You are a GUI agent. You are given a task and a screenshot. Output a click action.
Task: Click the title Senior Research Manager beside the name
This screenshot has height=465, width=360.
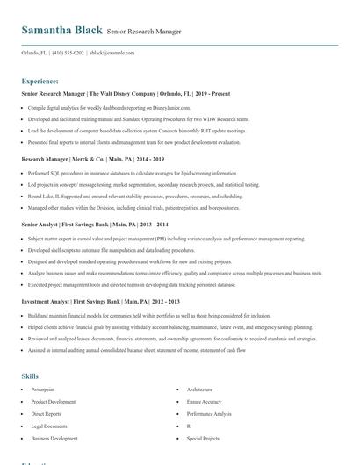[x=145, y=32]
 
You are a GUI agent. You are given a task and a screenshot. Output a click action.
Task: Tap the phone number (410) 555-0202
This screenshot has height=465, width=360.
[x=68, y=53]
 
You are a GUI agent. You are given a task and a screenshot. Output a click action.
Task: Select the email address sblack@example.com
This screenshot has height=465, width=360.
[x=112, y=53]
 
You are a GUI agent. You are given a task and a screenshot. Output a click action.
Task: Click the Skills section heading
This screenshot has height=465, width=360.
[x=30, y=376]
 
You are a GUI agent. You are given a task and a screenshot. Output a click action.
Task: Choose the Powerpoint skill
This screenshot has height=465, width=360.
[x=43, y=389]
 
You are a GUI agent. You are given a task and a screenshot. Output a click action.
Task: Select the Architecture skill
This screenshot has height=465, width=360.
[x=199, y=389]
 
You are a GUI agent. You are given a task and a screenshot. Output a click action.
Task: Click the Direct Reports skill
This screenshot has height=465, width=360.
[x=47, y=413]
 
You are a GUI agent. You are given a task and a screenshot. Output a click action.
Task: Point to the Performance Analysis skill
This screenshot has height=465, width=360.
[x=209, y=413]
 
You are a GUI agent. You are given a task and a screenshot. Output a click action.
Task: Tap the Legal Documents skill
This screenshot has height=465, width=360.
[x=49, y=426]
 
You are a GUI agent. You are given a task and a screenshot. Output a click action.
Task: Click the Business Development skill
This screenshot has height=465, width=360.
[x=54, y=438]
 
